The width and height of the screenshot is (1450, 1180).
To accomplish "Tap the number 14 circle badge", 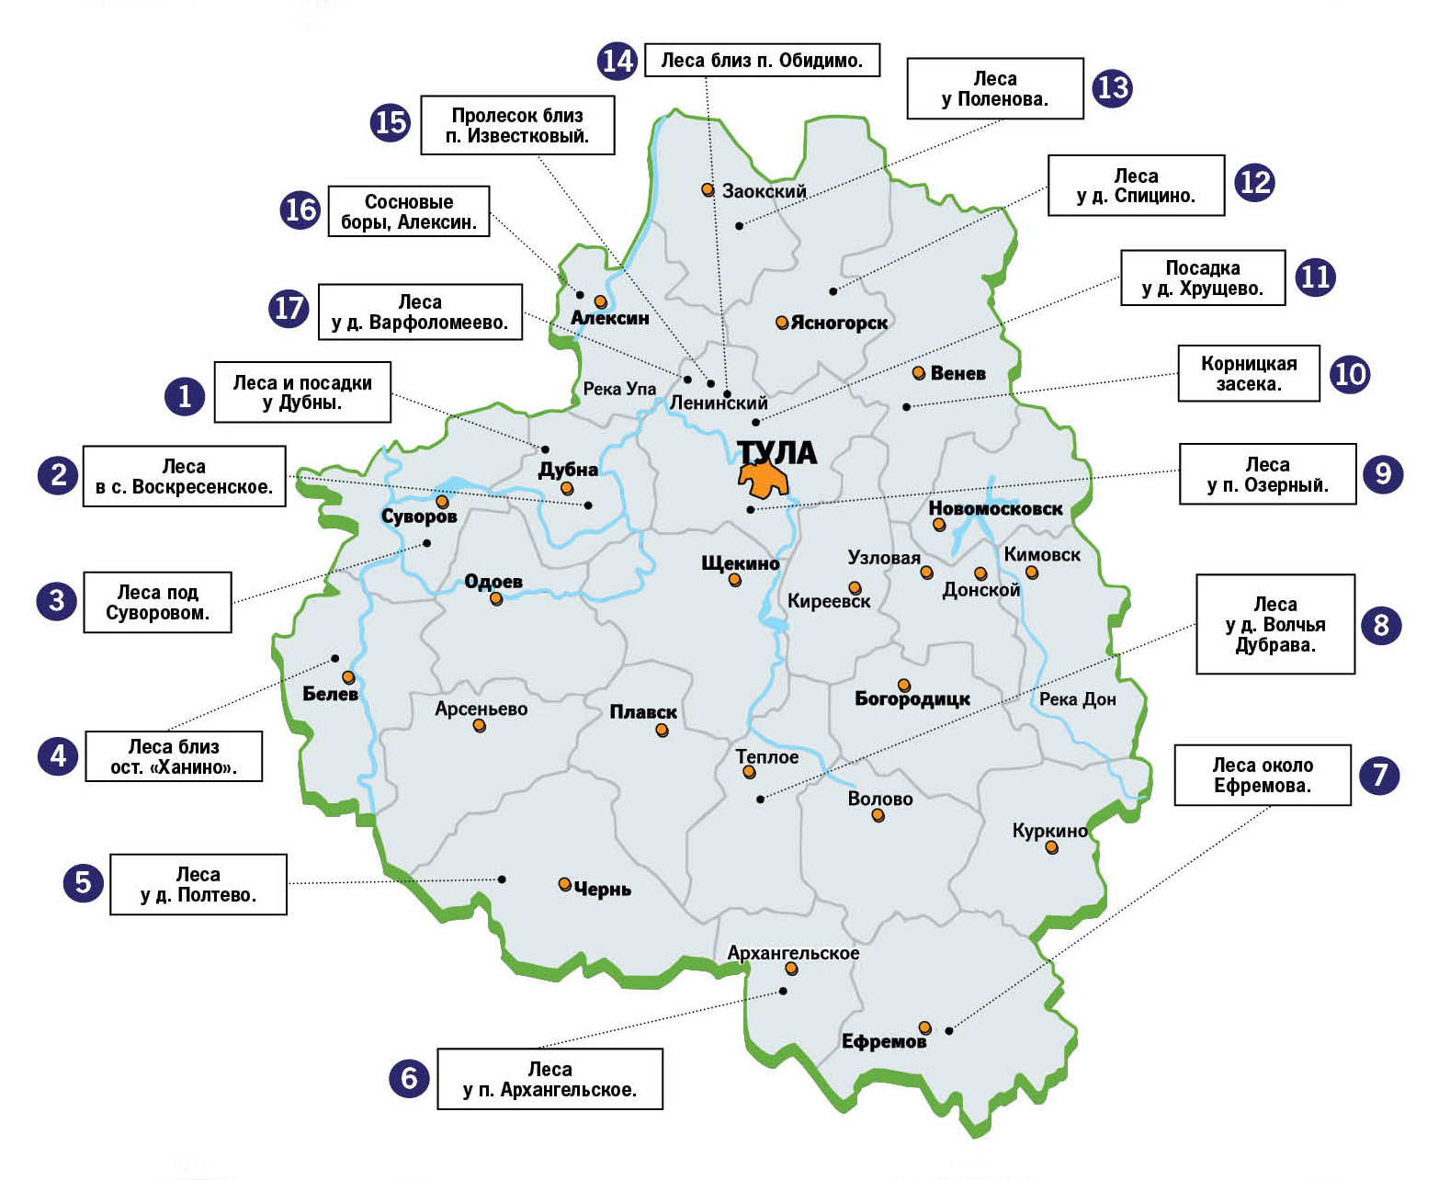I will [x=617, y=61].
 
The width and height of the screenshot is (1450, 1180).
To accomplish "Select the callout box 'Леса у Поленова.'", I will [x=995, y=89].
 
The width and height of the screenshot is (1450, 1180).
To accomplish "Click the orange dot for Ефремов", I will [x=925, y=1027].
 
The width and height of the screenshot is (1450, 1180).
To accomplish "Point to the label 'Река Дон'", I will [x=1077, y=699].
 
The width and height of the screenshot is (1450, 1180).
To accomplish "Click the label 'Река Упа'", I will [x=619, y=389].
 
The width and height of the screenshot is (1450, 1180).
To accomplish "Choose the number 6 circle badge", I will [x=410, y=1078].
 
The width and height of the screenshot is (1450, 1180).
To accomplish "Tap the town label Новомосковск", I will [x=995, y=508].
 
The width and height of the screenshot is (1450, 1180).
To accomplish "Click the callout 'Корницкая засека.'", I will [x=1249, y=373].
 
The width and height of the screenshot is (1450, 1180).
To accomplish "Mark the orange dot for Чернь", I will [x=565, y=884].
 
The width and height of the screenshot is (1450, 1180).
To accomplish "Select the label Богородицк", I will [x=912, y=699].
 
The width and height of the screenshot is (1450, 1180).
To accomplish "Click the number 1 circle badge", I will [x=185, y=396].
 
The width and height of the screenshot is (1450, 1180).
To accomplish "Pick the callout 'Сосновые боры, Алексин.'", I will [x=409, y=211].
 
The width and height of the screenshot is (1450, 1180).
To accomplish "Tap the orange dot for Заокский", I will [x=708, y=189].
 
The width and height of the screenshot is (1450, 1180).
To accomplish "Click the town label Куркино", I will [x=1049, y=831].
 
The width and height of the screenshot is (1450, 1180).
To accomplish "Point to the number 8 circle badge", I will [x=1381, y=626].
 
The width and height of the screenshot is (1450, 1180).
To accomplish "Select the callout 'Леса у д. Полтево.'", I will [x=198, y=884].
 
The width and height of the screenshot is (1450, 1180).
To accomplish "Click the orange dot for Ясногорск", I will [x=782, y=323].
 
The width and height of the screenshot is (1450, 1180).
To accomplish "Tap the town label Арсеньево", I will [x=481, y=709].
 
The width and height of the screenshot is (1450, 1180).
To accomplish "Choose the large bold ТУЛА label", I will [x=777, y=452].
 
